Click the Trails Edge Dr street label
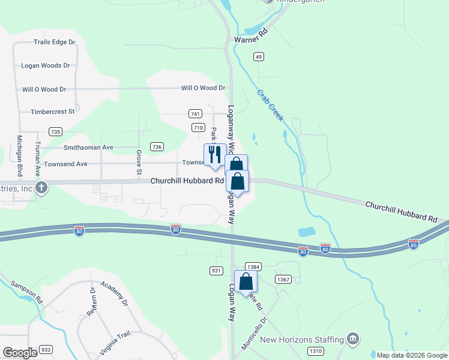54,42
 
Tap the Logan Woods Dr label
46,65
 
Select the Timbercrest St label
53,112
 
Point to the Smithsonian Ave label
88,147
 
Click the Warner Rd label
250,39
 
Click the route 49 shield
258,56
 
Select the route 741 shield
194,113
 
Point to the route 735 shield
56,131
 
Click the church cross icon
41,188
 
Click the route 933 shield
46,349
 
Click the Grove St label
139,163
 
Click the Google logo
20,353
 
